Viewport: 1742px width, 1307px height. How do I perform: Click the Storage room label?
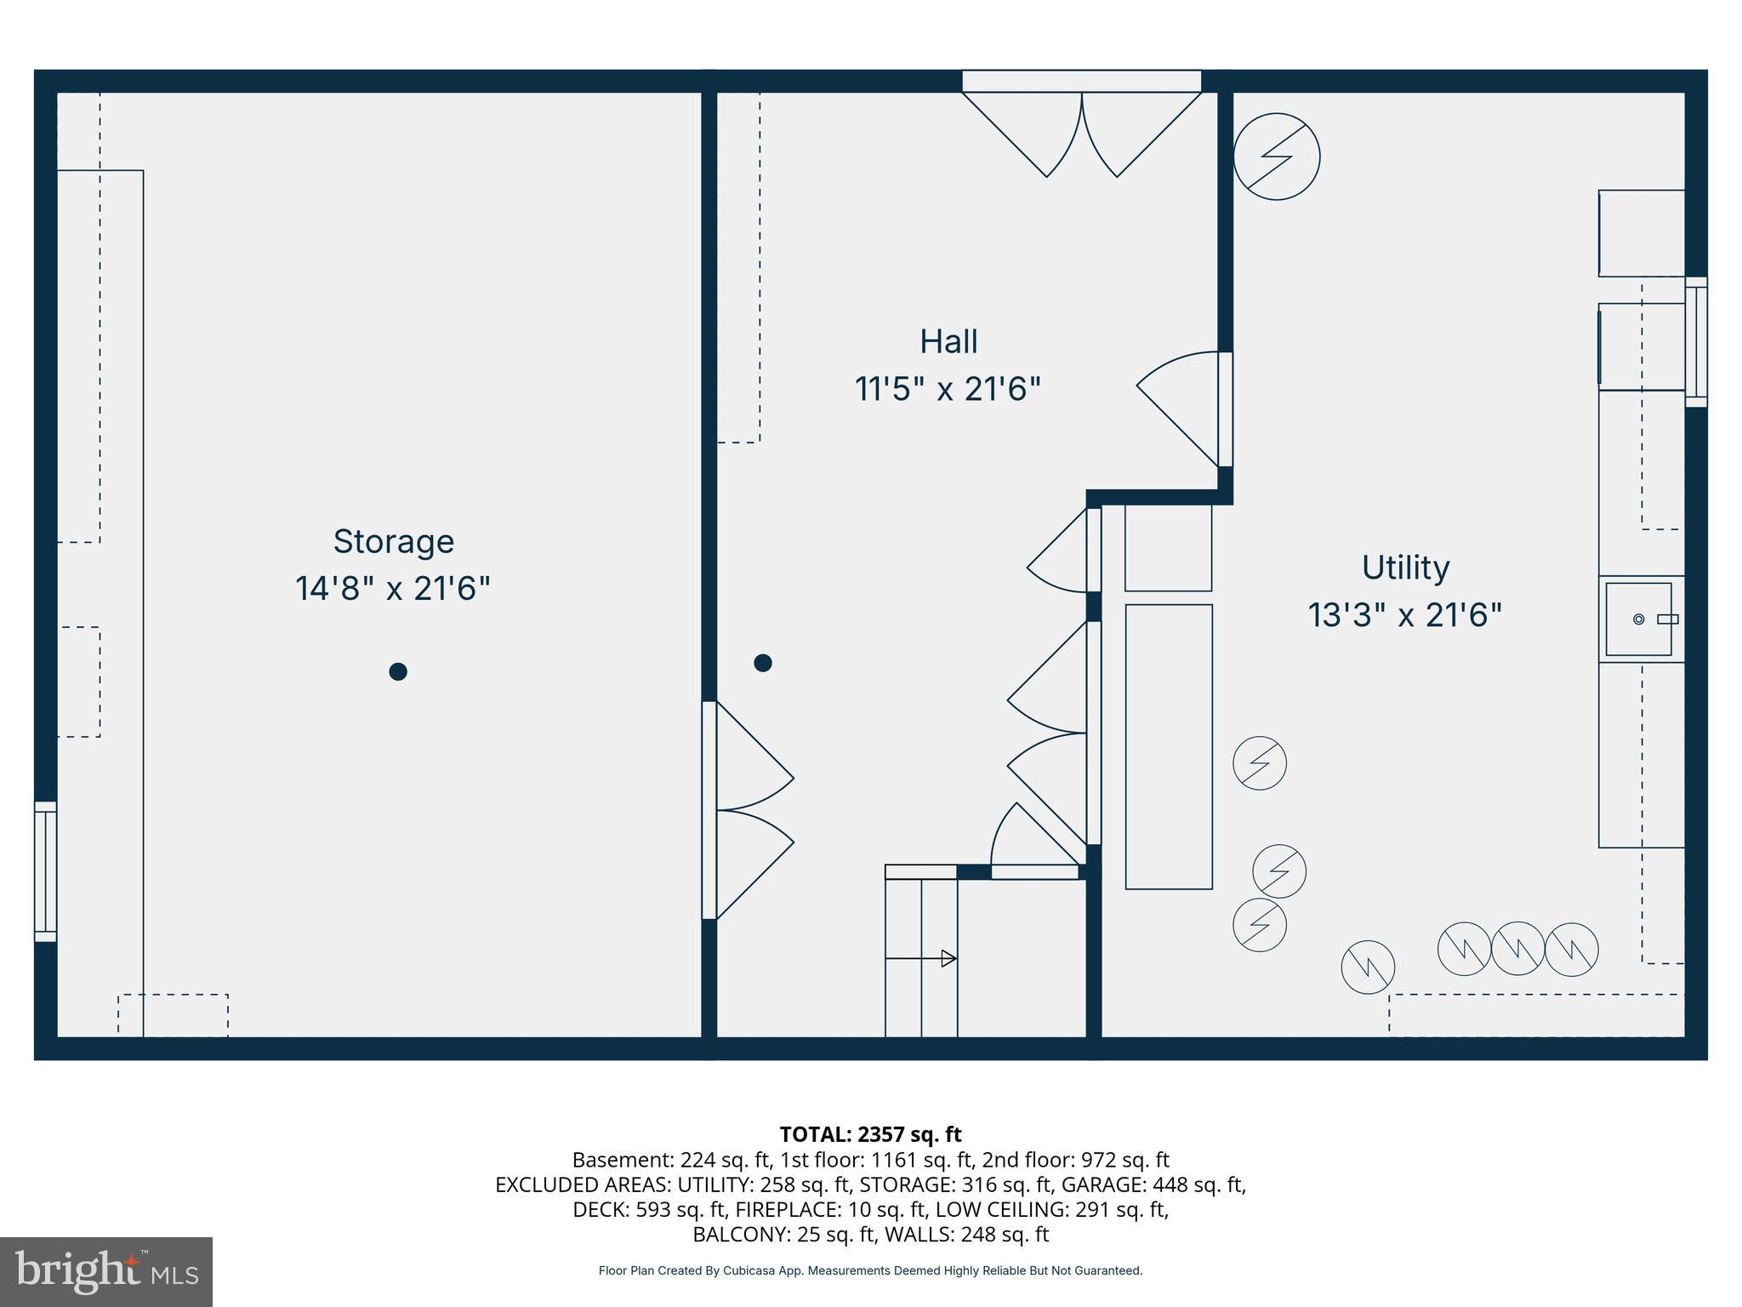coord(393,541)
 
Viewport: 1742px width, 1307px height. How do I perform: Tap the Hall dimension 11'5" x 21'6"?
coord(948,390)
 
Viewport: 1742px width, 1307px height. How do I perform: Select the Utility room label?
coord(1405,568)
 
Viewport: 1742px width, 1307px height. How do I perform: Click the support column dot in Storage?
coord(397,671)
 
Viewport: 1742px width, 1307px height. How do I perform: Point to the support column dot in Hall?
coord(762,662)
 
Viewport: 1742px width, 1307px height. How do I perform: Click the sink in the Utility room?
coord(1639,619)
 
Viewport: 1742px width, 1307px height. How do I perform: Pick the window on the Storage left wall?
coord(45,871)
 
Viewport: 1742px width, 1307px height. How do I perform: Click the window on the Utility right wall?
coord(1695,342)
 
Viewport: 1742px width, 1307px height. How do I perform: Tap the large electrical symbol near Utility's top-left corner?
coord(1276,157)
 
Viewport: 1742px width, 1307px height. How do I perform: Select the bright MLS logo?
coord(106,1271)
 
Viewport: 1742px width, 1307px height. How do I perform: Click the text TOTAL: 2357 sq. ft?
coord(870,1134)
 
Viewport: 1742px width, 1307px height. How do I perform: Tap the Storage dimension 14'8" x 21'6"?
coord(393,589)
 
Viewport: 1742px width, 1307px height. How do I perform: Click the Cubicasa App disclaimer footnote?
coord(870,1270)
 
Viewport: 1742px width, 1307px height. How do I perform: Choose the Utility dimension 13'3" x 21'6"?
coord(1405,615)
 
